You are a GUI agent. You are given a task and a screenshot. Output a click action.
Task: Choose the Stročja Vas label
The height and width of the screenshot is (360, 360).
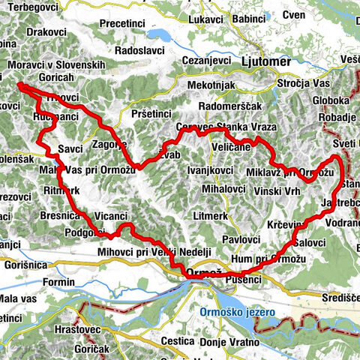coord(304,83)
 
